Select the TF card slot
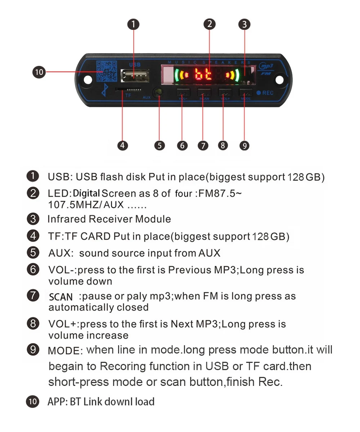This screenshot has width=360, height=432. tap(128, 89)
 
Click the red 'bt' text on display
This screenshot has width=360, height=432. tap(203, 75)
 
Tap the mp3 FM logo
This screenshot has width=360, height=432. tap(266, 68)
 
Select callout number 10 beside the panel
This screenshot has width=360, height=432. tap(39, 72)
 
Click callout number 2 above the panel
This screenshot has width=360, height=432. tap(209, 24)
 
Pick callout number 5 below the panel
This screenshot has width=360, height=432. tap(159, 145)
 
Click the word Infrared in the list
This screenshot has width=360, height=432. tap(67, 219)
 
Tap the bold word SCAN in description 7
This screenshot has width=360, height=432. tap(61, 297)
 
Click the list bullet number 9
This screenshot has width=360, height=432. tap(33, 350)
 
